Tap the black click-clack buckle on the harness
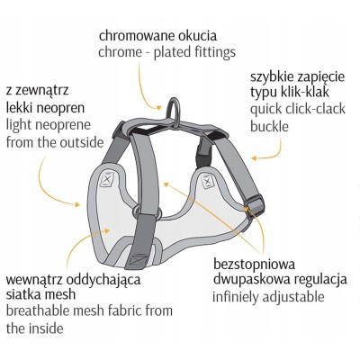(202, 154)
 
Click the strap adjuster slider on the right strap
(255, 204)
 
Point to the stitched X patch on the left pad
(107, 179)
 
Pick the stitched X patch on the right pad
(208, 181)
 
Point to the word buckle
(269, 126)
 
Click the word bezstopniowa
(255, 265)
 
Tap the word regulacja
(320, 280)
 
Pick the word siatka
(22, 294)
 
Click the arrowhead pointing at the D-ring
(159, 107)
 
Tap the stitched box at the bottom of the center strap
(139, 259)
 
